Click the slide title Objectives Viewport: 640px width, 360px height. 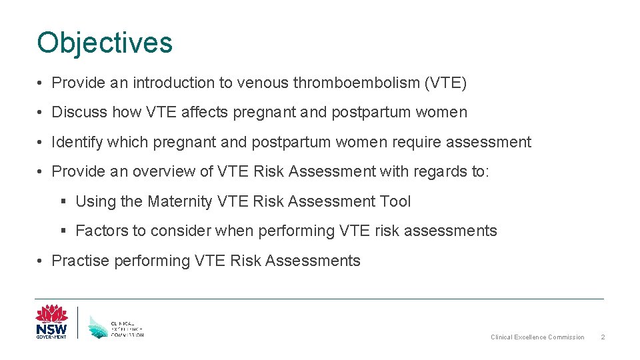tap(105, 43)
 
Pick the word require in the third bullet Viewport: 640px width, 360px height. tap(416, 142)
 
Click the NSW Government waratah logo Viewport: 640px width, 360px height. tap(51, 321)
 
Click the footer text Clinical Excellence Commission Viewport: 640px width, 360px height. tap(537, 337)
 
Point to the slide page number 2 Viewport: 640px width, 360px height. tap(603, 337)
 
